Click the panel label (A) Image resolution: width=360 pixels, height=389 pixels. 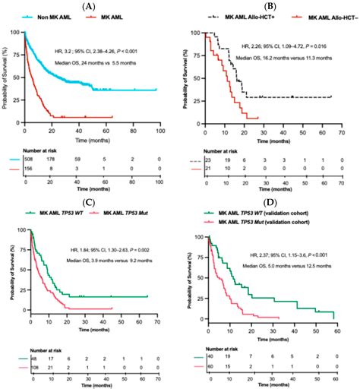pyautogui.click(x=89, y=6)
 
